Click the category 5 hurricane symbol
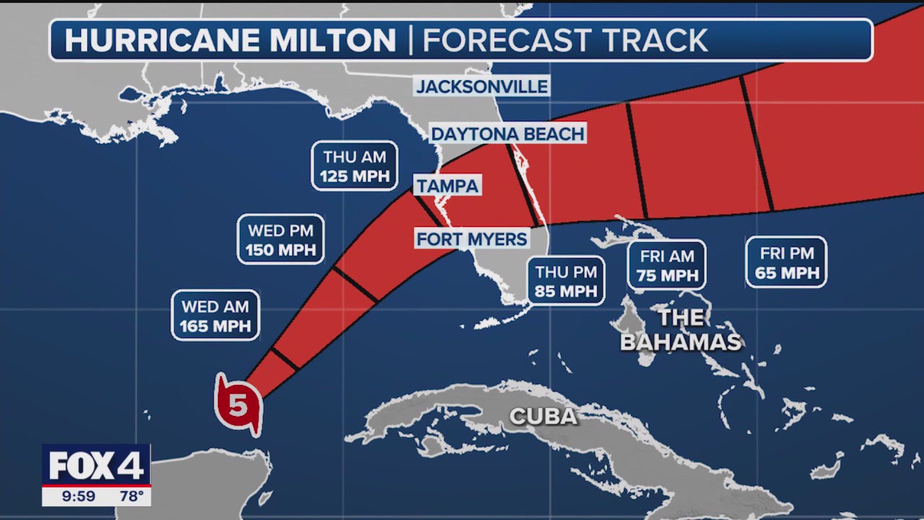tap(238, 405)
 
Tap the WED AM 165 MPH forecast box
tap(215, 316)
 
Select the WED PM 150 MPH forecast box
tap(281, 240)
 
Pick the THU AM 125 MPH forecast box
tap(354, 166)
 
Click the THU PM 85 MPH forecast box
tap(566, 281)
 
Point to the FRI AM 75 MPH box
tap(666, 265)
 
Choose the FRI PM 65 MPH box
tap(786, 262)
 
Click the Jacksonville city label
tap(482, 87)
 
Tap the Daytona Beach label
tap(507, 134)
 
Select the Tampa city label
tap(448, 186)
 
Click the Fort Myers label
tap(472, 238)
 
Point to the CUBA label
tap(543, 416)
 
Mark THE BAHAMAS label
tap(681, 329)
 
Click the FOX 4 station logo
tap(96, 465)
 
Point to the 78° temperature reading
tap(130, 496)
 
